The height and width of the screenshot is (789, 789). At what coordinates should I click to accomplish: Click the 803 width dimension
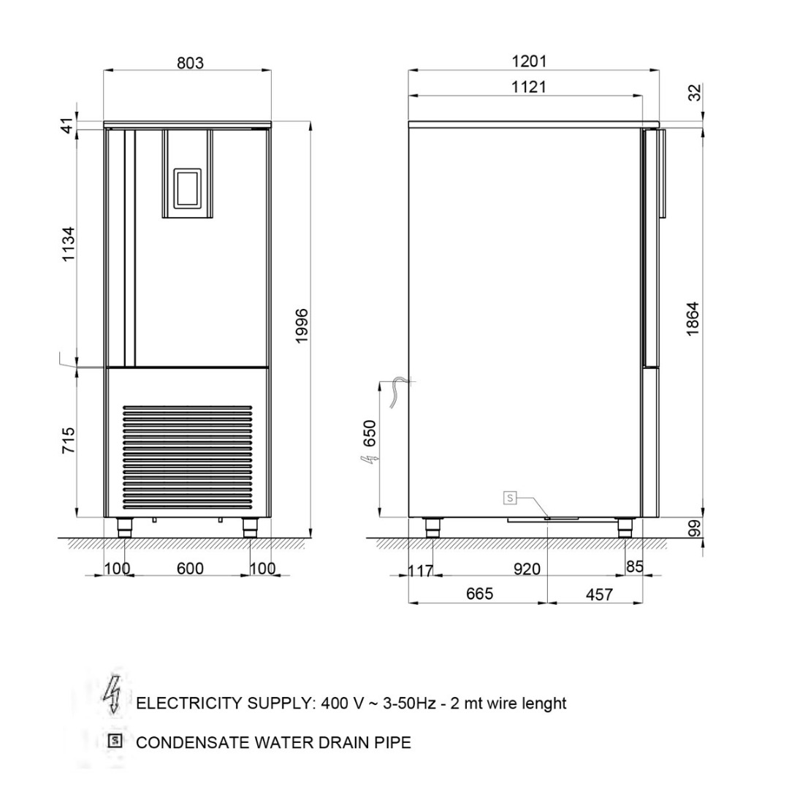(x=190, y=63)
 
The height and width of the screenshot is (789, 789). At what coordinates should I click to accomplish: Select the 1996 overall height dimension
(x=301, y=326)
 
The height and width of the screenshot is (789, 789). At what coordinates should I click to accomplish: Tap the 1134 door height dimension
(x=68, y=244)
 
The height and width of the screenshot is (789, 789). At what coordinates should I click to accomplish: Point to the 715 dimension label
(x=68, y=441)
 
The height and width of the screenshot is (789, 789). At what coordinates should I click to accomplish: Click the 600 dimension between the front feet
(x=190, y=568)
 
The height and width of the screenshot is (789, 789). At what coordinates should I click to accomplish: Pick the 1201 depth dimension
(x=529, y=61)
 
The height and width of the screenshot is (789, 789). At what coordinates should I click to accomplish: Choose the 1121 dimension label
(x=529, y=87)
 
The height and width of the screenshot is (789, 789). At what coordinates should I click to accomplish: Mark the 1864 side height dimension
(x=693, y=319)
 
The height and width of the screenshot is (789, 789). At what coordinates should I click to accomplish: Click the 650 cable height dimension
(x=370, y=433)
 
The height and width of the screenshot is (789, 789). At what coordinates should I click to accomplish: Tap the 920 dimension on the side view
(x=527, y=569)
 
